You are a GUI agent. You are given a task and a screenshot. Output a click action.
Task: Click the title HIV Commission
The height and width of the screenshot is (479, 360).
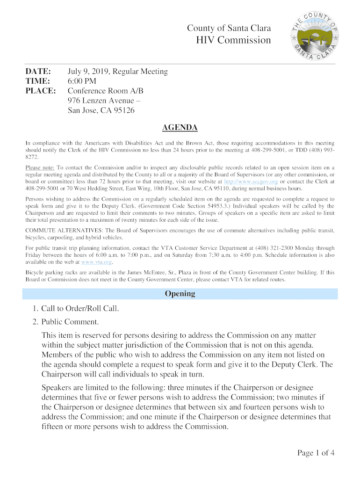232,40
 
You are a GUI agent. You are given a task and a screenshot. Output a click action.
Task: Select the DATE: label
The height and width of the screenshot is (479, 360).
38,72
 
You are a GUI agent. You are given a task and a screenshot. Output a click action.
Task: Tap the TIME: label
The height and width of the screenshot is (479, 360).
37,81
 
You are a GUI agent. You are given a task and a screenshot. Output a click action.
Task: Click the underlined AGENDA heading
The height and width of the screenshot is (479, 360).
180,128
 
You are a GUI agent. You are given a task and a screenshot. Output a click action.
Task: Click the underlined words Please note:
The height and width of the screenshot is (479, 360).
40,167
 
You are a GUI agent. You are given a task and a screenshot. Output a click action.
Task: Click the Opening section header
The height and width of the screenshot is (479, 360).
180,294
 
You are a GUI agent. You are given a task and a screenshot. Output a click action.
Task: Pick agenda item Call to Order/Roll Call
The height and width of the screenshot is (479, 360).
80,309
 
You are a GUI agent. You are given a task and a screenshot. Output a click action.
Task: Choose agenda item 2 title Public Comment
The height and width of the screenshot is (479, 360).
70,322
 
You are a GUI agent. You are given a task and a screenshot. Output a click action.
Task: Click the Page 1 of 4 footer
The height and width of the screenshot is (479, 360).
316,452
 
